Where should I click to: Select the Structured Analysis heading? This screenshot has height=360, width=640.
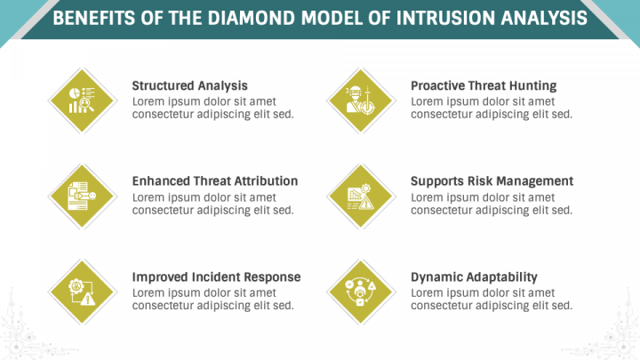pos(189,86)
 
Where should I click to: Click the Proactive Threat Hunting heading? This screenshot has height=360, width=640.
pos(484,86)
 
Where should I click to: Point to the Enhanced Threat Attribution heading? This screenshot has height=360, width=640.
pos(214,181)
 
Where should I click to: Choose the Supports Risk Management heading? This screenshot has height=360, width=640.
pos(492,181)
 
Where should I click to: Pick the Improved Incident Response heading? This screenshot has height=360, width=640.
pos(216,277)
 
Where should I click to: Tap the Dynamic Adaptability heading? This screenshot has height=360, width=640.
pos(474,277)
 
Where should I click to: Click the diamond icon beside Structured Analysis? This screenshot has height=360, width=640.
pos(82,100)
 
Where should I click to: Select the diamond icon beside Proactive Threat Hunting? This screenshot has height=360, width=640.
pos(361,100)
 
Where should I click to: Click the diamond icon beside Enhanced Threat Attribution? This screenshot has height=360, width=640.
pos(82,196)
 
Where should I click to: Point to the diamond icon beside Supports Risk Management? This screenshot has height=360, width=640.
pos(361,196)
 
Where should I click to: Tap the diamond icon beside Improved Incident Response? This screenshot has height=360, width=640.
pos(82,291)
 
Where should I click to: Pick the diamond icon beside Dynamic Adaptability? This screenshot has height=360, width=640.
pos(361,291)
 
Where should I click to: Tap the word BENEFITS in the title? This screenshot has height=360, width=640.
pos(93,19)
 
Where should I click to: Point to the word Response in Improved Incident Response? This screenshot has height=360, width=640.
pos(271,277)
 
